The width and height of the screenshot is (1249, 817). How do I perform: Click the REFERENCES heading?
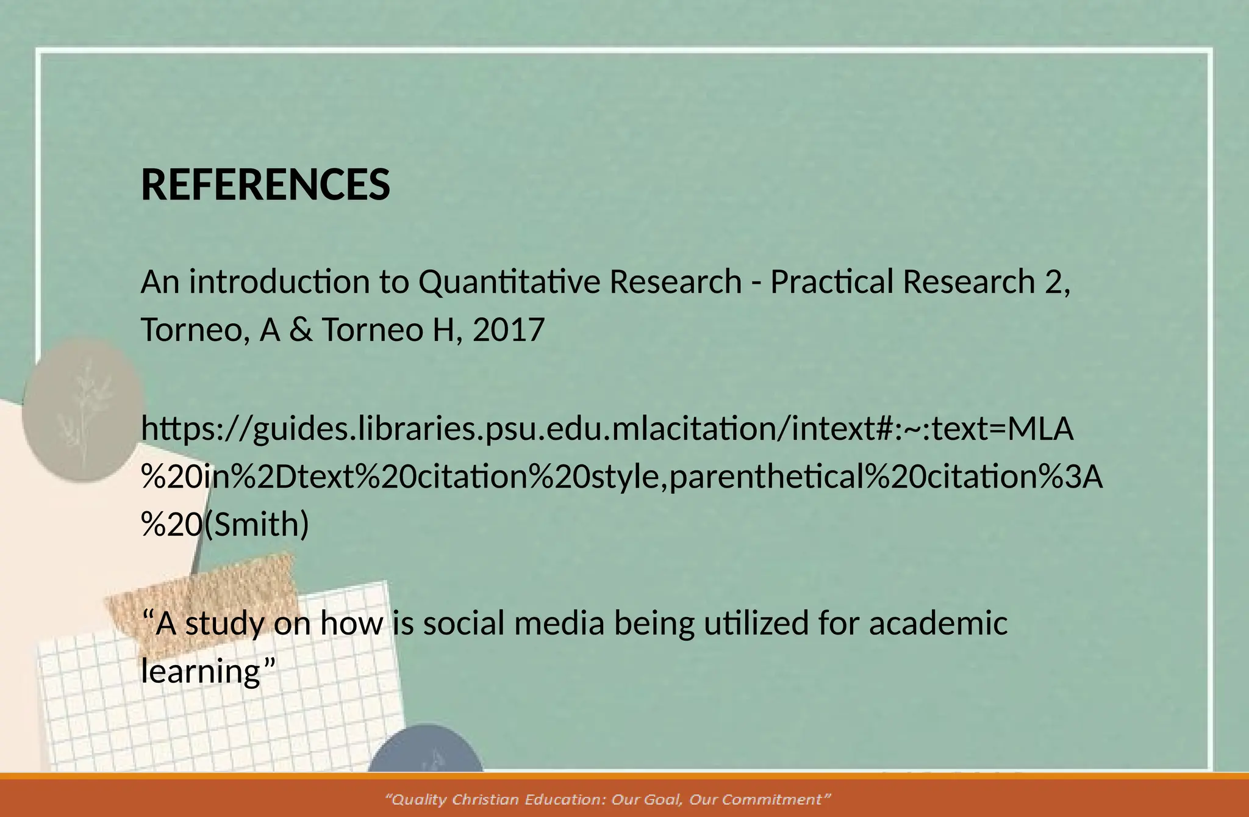265,185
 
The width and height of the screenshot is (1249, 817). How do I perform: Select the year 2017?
508,330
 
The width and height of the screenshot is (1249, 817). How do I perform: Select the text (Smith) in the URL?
256,525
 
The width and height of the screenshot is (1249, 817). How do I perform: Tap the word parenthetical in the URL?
765,477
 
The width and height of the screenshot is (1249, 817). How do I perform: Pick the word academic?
938,624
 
